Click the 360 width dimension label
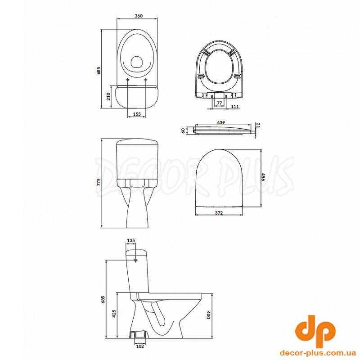[139, 16]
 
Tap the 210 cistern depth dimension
[108, 96]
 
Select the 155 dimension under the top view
[136, 114]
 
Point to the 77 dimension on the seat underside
[220, 103]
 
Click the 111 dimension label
[235, 107]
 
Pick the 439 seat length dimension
[220, 122]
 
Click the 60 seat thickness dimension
[183, 131]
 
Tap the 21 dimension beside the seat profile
[257, 126]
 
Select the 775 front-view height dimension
[99, 182]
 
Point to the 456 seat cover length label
[263, 177]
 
